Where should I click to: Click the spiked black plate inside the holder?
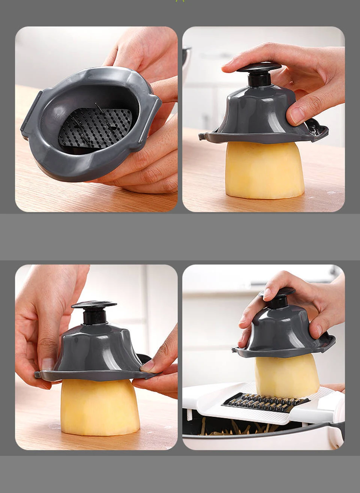96,128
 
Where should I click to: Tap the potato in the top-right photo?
264,171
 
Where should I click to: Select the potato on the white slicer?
287,375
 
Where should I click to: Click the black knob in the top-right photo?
259,68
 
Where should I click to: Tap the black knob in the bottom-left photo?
94,304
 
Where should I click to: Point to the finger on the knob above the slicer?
268,293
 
